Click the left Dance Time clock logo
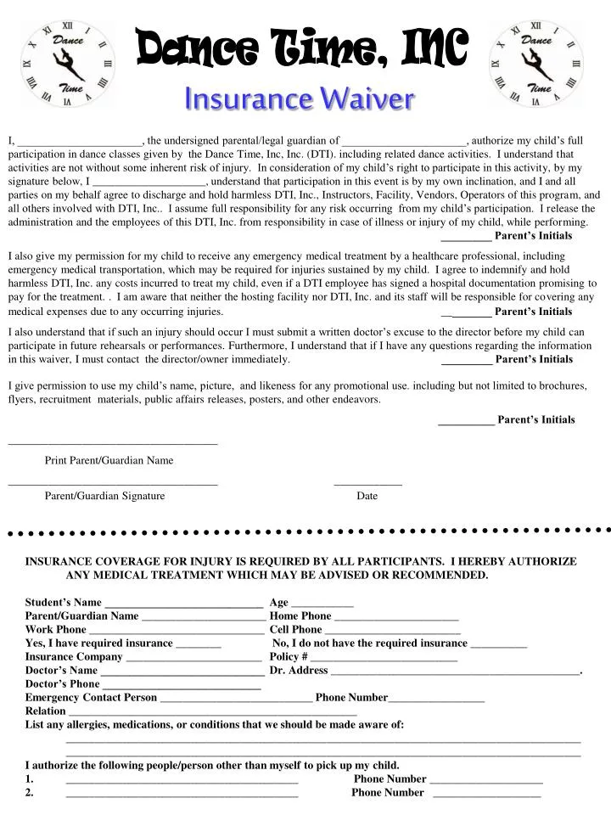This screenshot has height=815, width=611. pos(67,64)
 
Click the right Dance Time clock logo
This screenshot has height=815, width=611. pos(535,64)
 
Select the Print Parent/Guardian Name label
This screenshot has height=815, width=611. pos(109,460)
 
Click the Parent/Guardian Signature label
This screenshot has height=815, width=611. pos(104,496)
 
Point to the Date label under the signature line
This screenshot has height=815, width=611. pos(367,496)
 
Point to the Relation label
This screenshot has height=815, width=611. pos(46,711)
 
